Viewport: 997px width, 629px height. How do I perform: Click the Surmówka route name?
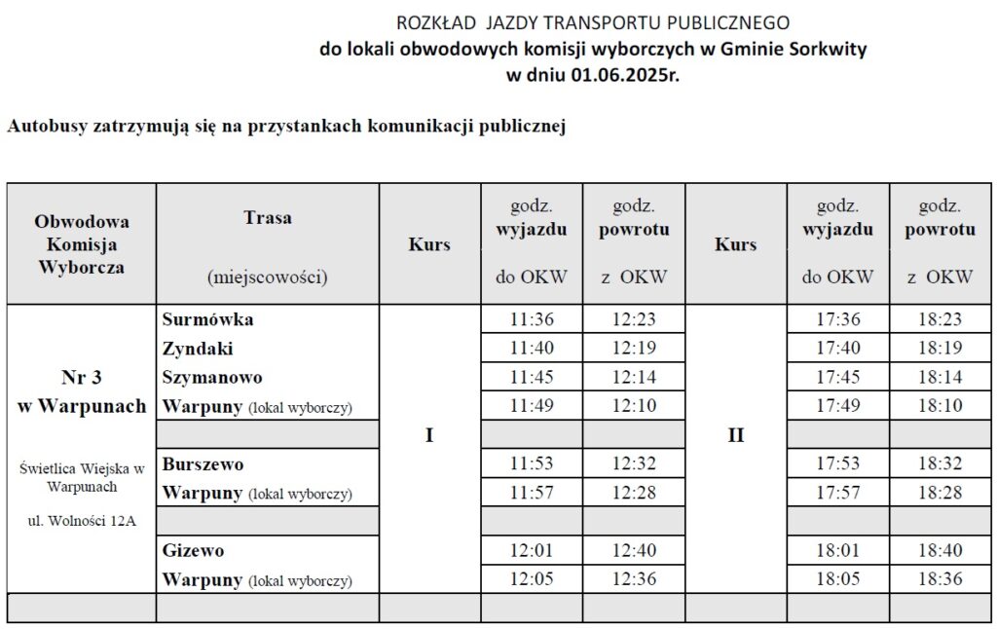pos(208,319)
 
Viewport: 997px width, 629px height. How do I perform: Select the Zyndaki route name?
pos(198,349)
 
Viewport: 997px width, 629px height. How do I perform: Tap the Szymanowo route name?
pos(212,377)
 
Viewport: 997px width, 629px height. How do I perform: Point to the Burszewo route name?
pos(203,464)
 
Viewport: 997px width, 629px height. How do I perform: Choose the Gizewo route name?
pos(194,551)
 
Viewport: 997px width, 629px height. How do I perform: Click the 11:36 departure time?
pos(532,319)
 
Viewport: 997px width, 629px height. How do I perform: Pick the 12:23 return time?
pos(634,319)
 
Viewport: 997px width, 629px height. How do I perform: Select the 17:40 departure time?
pos(838,349)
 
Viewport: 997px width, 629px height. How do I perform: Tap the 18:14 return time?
pos(940,377)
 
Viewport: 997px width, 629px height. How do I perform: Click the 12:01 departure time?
pos(532,551)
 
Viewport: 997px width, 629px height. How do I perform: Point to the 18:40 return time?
pos(940,551)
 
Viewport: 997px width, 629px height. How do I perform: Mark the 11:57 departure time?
pos(532,493)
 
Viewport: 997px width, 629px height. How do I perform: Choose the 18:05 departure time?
pos(838,579)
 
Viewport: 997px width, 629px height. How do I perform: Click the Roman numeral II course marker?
pos(735,435)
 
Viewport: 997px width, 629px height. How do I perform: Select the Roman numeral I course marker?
pos(429,435)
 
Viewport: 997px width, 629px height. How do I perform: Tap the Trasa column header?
pos(268,218)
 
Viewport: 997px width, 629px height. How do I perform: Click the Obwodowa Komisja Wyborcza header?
pos(82,243)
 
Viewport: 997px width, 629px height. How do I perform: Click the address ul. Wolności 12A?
pos(82,520)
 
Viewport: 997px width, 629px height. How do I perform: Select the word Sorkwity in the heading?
pos(830,49)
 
